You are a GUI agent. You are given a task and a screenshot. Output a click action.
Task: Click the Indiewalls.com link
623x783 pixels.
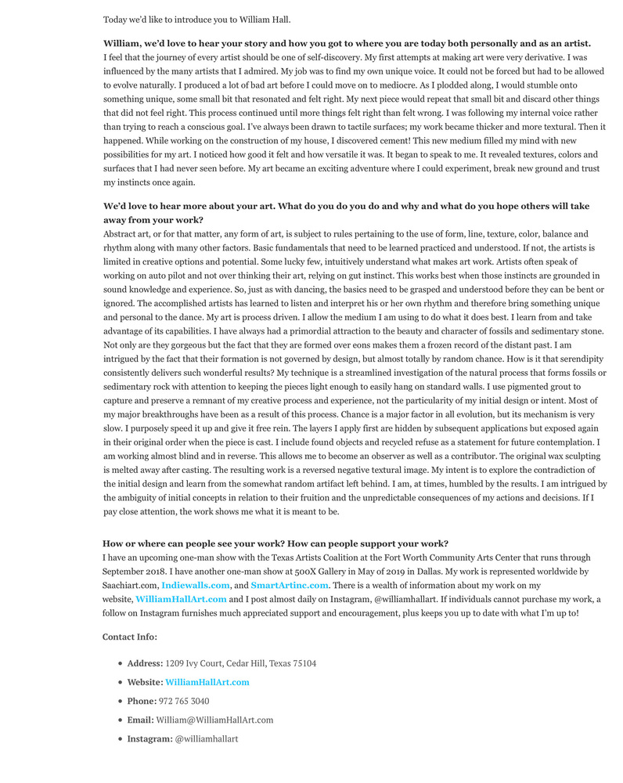tap(195, 585)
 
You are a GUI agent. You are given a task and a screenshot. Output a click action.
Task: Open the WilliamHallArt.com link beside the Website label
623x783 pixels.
tap(207, 682)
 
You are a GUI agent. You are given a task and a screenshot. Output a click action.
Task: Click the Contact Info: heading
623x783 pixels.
tap(129, 637)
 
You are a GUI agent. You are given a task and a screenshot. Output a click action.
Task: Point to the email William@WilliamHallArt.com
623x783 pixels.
tap(214, 720)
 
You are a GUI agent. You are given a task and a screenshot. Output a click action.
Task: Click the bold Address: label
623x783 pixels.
tap(145, 663)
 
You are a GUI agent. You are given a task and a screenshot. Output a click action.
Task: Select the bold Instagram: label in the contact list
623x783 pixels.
tap(149, 738)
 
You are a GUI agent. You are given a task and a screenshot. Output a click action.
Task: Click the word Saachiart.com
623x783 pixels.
tap(130, 585)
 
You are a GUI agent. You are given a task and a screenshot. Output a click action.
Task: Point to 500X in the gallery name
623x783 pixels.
tap(307, 572)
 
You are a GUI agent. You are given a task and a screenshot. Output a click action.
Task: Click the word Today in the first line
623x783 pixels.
tap(116, 20)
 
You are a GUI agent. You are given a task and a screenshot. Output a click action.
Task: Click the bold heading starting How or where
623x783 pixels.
tap(275, 543)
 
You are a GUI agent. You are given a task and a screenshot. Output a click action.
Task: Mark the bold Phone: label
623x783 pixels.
tap(142, 701)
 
